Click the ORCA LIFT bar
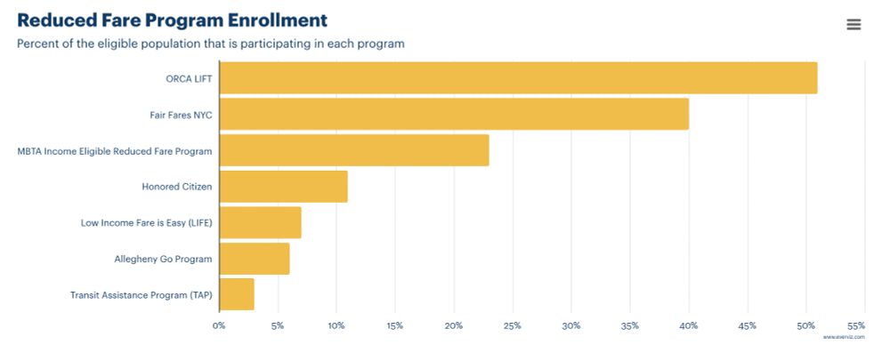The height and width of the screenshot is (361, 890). tap(518, 78)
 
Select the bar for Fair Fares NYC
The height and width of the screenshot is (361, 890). tap(454, 115)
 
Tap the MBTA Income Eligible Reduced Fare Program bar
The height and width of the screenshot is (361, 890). tap(354, 150)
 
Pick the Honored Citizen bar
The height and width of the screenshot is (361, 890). tap(283, 187)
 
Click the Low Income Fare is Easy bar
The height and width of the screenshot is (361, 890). tap(260, 222)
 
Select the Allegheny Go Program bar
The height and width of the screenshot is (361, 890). tap(255, 259)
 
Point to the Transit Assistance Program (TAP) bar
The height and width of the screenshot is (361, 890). tap(237, 294)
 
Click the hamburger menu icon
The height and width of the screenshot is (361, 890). tap(854, 25)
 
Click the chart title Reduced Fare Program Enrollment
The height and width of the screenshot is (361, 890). tap(173, 20)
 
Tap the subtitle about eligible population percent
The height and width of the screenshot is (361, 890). tap(211, 44)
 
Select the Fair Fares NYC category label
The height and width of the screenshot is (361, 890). tap(181, 115)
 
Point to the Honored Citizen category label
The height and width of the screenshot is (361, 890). tap(177, 187)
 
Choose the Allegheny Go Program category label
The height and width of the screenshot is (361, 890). tap(163, 259)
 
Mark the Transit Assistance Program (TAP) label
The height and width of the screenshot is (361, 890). tap(142, 294)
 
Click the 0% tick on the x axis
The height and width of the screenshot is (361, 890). tap(219, 325)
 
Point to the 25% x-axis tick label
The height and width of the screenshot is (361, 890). tap(513, 325)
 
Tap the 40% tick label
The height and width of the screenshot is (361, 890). tap(689, 325)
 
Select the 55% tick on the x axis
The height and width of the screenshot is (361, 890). tap(856, 325)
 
